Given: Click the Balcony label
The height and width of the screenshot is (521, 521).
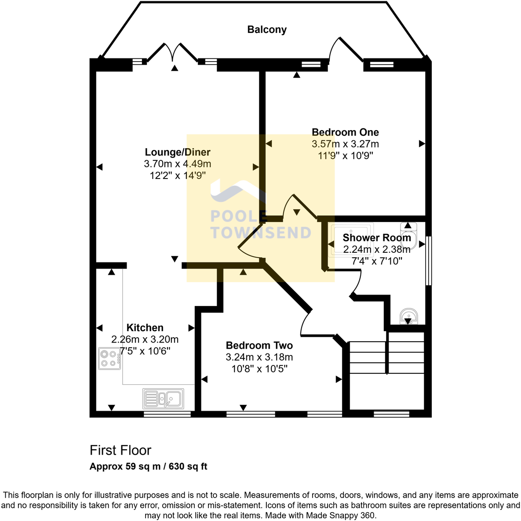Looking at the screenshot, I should coord(267,29).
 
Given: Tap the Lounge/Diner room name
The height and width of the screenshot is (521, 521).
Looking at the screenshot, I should coord(178,152).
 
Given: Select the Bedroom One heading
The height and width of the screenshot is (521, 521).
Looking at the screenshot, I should coord(345,132).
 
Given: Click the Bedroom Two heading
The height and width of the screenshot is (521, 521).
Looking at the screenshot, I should coord(259,345).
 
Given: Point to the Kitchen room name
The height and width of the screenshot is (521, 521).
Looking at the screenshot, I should coord(145,328).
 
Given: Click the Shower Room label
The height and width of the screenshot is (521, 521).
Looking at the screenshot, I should coord(377,237).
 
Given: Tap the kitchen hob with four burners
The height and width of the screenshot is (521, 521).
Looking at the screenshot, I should coord(109,358).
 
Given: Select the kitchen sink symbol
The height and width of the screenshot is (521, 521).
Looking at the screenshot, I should coord(164,399).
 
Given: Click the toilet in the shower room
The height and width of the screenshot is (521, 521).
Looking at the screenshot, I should coord(408,231).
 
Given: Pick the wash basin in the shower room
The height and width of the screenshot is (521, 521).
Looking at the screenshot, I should coord(408,316).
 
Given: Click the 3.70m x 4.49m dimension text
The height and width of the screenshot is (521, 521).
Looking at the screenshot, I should coord(178,164).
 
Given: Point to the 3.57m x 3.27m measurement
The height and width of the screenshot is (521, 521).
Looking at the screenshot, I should coord(345,144).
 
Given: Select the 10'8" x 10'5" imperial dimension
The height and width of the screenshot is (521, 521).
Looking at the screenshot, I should coord(259,368).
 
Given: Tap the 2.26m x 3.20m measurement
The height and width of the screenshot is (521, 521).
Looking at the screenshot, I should coord(145,339).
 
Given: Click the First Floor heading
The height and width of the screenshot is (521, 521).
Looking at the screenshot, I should coord(120,450).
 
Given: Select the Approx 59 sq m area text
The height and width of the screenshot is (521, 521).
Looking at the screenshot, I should coord(125,466).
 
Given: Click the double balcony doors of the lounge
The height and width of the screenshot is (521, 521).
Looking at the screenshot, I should coord(172,53).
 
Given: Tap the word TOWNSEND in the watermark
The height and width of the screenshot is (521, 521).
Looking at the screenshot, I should coord(261,233).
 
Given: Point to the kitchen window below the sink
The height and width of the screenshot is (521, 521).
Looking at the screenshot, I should coord(167,414).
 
